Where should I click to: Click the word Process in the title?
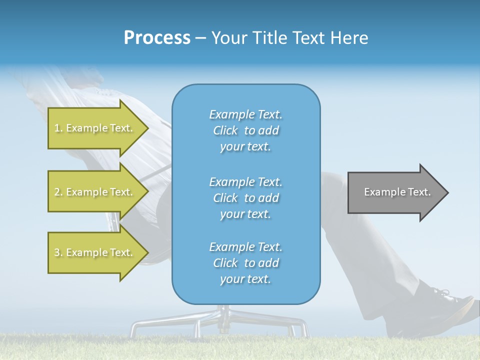tap(157, 38)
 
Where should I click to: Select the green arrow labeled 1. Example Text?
tap(95, 128)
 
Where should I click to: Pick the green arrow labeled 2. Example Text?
tap(95, 192)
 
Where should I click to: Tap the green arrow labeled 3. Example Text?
tap(95, 252)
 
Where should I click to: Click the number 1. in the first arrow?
tap(58, 128)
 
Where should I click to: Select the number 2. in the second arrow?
tap(58, 192)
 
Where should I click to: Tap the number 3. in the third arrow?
tap(58, 253)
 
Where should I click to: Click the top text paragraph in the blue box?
tap(245, 130)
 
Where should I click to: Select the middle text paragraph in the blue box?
tap(245, 198)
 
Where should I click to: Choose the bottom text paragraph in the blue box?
tap(245, 263)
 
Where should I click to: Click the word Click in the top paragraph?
tap(225, 131)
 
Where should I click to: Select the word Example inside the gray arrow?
tap(382, 192)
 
